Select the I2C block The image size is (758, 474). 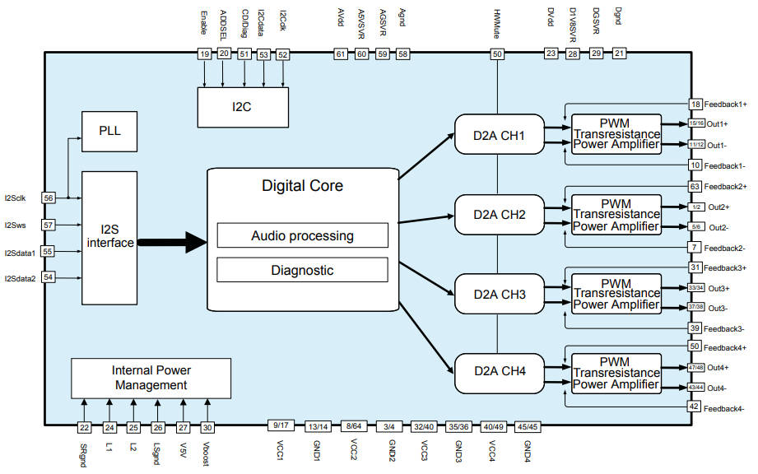243,106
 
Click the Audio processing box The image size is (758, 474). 302,235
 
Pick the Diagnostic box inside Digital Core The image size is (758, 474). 302,269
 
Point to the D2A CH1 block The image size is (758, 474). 500,133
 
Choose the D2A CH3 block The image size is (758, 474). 500,294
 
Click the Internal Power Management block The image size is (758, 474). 150,378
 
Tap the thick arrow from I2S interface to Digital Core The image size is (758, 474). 172,242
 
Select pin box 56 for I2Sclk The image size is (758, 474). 49,198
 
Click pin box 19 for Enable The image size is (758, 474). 203,54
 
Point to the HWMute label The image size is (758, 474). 497,25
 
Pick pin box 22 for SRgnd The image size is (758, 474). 84,427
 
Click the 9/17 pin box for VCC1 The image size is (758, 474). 280,425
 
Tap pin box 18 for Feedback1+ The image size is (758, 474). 695,105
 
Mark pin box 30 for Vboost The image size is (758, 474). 207,427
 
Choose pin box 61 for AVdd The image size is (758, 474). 340,54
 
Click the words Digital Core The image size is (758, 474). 302,186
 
